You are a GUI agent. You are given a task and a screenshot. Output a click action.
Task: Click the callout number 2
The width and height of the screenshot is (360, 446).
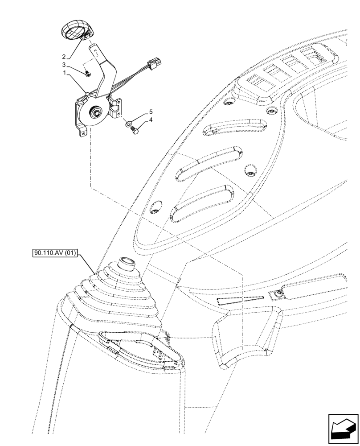(64, 57)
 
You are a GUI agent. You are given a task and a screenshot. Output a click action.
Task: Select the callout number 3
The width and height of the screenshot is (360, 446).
(64, 65)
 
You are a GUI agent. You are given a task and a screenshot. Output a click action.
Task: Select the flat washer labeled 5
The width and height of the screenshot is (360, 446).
(128, 123)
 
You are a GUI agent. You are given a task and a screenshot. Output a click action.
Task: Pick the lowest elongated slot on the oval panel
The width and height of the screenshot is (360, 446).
(203, 203)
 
